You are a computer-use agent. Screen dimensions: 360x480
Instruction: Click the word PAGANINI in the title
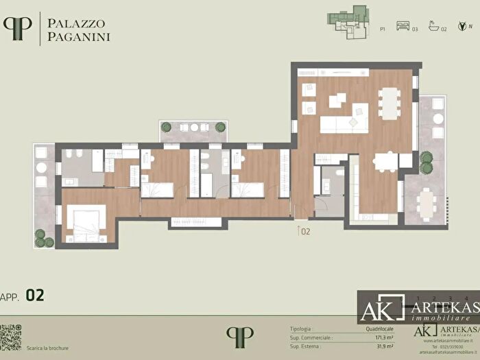click(79, 36)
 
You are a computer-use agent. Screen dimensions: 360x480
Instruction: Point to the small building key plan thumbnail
click(349, 23)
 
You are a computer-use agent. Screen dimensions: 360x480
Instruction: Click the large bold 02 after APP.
click(35, 295)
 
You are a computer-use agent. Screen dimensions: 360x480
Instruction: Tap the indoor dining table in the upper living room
click(389, 104)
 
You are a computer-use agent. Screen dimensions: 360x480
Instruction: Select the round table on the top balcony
click(194, 128)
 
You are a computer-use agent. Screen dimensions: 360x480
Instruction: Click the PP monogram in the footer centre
click(239, 337)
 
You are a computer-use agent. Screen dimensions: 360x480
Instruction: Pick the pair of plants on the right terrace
click(427, 163)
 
